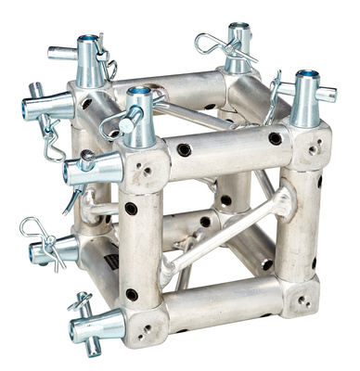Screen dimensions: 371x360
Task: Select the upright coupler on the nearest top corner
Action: [140, 116]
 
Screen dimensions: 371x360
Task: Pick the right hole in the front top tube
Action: [275, 139]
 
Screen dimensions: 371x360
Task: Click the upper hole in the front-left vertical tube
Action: [132, 209]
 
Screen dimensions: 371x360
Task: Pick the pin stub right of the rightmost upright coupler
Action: [327, 94]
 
